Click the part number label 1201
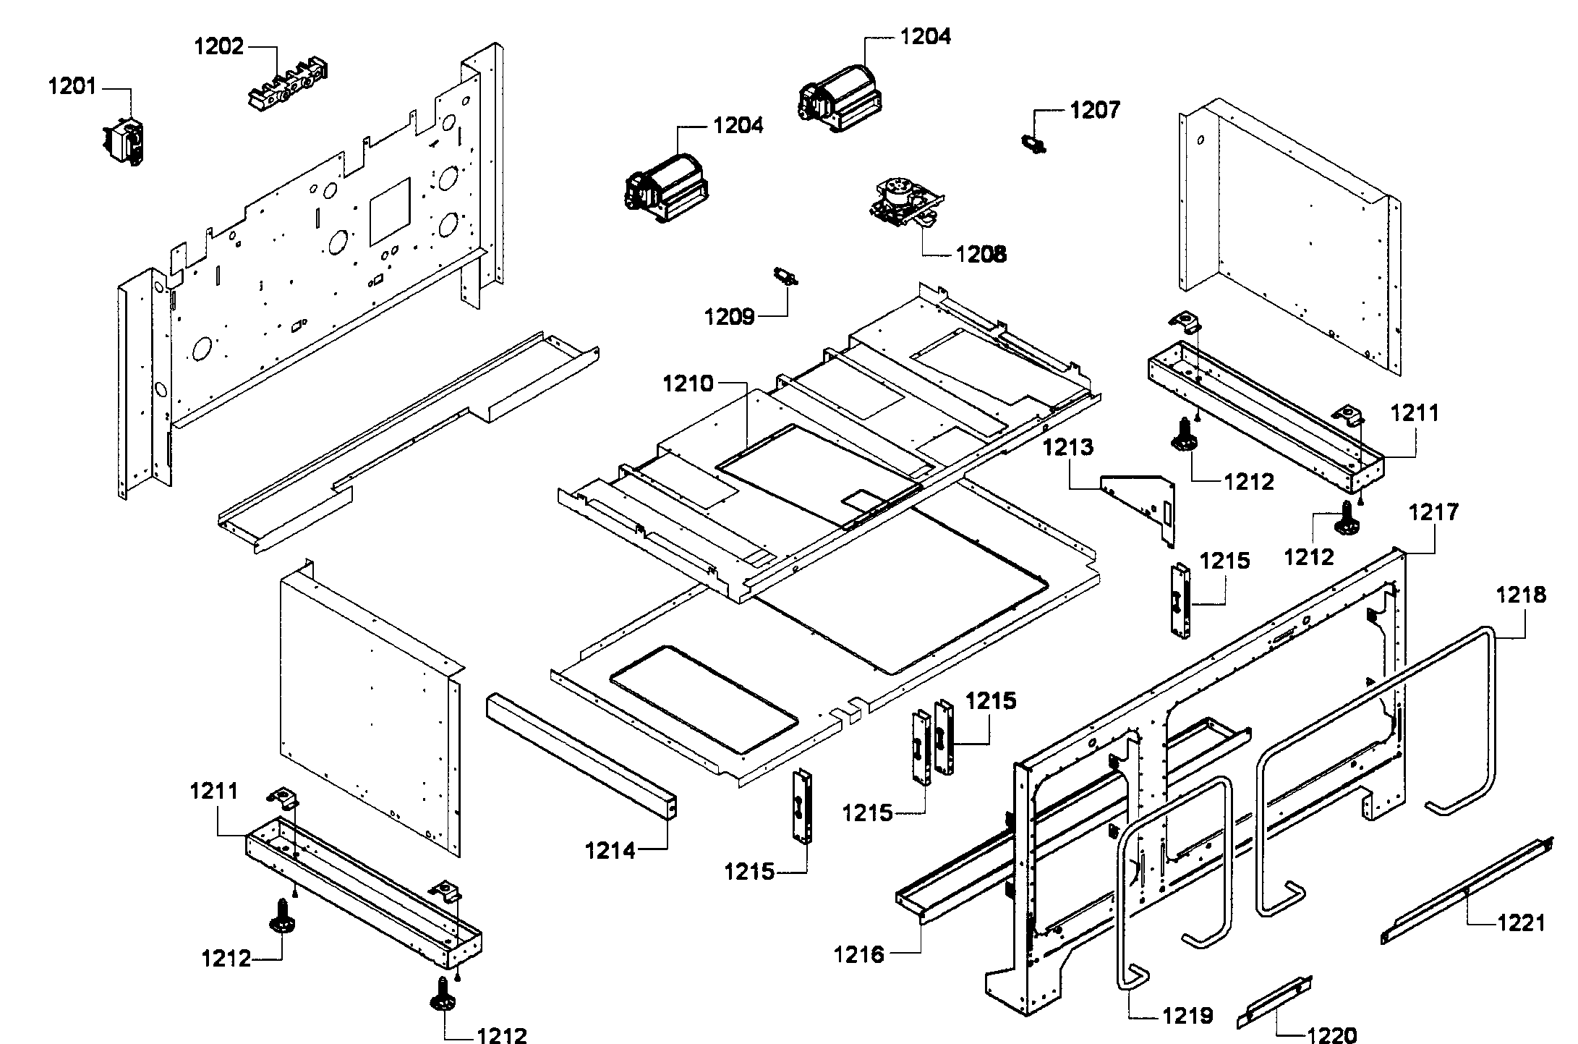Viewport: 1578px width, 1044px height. coord(72,88)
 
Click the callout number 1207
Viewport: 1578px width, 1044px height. coord(1095,111)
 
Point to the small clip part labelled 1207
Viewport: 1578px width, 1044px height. coord(1034,145)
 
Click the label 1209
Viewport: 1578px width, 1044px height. coord(730,316)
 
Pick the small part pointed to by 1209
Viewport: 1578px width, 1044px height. coord(785,276)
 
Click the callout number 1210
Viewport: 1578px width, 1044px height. coord(688,383)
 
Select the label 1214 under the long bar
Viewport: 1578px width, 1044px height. coord(610,851)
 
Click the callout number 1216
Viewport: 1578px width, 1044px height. coord(858,955)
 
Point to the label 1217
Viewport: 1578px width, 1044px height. coord(1434,513)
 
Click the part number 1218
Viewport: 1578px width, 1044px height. coord(1521,595)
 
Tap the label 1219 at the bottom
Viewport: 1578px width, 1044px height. coord(1187,1016)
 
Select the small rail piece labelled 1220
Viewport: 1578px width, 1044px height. coord(1274,1001)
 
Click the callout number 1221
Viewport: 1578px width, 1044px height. coord(1521,923)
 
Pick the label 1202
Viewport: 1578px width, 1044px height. coord(218,47)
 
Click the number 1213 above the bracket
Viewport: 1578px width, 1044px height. coord(1068,448)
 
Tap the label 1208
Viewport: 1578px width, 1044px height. coord(981,255)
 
